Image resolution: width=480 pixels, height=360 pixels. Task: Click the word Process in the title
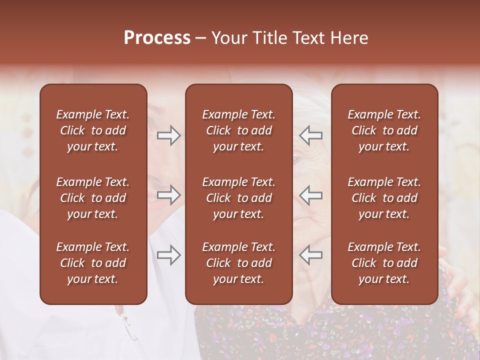(157, 38)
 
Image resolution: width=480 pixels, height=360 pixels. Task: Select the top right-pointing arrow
(168, 135)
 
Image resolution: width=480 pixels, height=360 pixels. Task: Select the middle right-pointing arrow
(168, 195)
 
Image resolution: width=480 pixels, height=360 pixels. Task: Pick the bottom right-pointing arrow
(168, 255)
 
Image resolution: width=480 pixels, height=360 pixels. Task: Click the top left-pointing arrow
(311, 135)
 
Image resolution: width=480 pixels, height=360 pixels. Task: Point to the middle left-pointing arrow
(311, 195)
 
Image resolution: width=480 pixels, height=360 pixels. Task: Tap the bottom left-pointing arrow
(311, 255)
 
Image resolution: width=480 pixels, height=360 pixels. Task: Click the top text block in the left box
(93, 130)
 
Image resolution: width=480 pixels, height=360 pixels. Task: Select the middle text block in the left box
(93, 198)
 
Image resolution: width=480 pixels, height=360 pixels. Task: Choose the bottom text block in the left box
(93, 263)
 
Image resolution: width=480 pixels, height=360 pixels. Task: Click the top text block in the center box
(238, 130)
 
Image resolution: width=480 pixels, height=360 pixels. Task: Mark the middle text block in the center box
(238, 198)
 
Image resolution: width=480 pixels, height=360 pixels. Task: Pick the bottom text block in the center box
(238, 263)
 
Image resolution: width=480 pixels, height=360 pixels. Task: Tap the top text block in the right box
(384, 130)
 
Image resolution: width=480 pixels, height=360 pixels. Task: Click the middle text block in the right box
(384, 198)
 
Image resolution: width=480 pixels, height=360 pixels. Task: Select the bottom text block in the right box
(384, 263)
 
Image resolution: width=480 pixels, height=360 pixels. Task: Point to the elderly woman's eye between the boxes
(297, 161)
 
